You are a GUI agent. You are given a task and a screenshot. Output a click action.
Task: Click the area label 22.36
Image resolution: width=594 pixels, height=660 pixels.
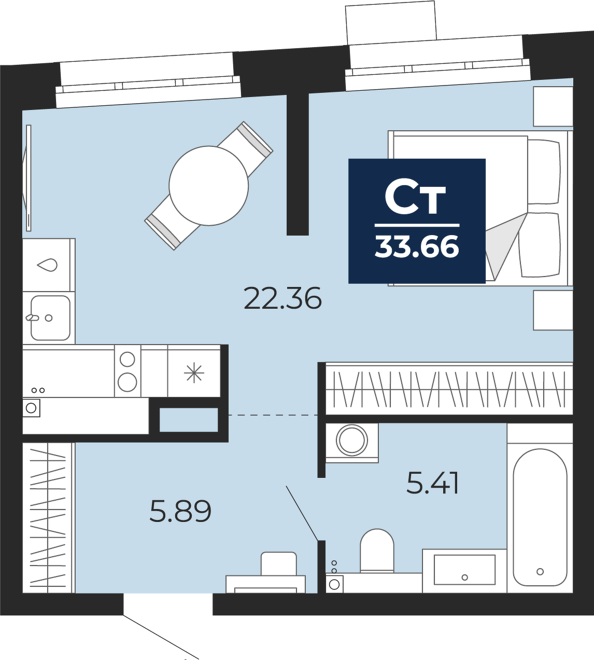point(282,298)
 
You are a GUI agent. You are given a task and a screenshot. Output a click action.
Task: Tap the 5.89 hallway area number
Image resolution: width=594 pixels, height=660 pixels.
point(180,511)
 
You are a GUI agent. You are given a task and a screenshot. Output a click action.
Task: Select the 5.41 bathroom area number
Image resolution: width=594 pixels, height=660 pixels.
point(432,483)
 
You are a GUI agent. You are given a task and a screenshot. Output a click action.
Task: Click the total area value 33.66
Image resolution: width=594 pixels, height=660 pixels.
point(417,247)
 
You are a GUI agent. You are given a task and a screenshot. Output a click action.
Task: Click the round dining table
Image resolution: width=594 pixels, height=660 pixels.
point(209,186)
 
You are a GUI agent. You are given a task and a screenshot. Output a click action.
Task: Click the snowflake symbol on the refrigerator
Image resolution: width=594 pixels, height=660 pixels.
point(194,373)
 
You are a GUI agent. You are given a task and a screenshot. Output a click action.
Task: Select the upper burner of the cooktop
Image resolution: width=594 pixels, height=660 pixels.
point(127,359)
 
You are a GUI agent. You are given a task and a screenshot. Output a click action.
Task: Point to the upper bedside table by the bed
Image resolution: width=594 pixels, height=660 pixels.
point(553,106)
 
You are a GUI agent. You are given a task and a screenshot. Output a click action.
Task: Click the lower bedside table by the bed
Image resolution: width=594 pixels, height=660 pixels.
point(553,310)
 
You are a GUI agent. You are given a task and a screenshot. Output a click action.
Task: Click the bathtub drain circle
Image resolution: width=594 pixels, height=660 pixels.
point(540,571)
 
